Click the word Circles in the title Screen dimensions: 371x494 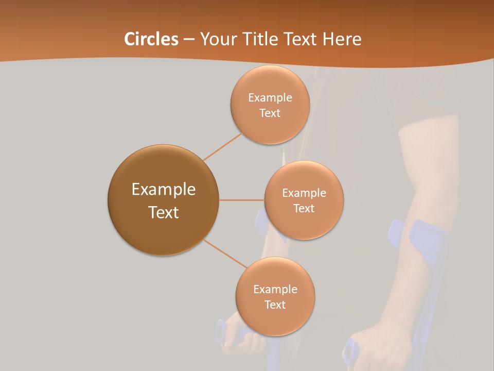click(x=151, y=39)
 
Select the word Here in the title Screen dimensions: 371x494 click(x=342, y=39)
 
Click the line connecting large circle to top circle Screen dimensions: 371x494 click(x=222, y=146)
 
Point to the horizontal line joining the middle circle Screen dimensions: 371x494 click(x=242, y=200)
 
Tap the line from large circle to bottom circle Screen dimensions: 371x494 click(x=225, y=254)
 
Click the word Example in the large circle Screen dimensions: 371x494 click(x=164, y=190)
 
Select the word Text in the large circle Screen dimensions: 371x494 click(x=164, y=212)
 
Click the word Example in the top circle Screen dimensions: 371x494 click(x=270, y=98)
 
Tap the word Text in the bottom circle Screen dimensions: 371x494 click(x=275, y=305)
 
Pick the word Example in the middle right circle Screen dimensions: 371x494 click(x=304, y=193)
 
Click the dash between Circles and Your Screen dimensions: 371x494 click(x=189, y=39)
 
